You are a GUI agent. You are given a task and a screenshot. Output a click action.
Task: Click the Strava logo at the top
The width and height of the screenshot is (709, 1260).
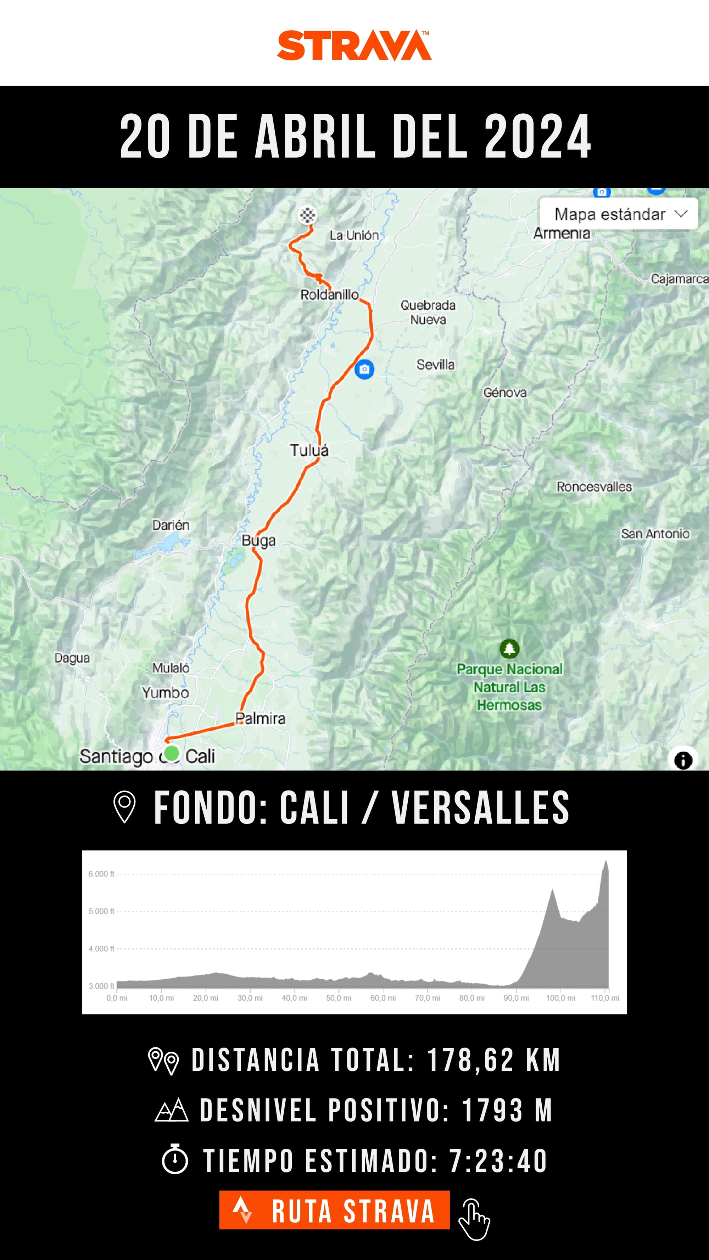pos(354,45)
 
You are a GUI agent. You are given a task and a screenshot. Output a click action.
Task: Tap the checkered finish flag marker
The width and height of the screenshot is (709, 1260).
pos(307,215)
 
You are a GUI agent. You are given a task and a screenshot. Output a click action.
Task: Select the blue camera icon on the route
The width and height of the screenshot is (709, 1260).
pos(364,369)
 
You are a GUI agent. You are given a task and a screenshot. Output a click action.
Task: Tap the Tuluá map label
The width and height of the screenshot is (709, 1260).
pos(309,450)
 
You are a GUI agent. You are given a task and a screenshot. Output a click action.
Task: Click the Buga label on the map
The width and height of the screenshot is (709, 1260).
pos(258,540)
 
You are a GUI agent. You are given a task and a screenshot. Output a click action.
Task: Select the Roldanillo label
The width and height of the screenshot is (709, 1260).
pos(329,294)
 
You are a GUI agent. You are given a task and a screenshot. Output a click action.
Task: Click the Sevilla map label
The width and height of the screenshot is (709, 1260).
pos(435,364)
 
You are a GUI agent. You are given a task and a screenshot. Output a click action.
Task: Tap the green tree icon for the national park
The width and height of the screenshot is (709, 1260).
pos(509,648)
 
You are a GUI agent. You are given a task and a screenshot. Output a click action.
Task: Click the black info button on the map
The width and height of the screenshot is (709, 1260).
pos(683,760)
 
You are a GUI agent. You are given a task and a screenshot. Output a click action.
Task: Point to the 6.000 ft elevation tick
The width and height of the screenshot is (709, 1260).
pos(101,873)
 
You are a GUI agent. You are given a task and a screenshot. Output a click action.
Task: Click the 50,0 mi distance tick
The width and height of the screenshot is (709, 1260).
pos(339,998)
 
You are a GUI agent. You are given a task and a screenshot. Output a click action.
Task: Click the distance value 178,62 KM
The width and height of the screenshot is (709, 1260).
pos(493,1059)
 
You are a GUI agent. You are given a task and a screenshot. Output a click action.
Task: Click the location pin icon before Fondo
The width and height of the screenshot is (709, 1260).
pos(124,808)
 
